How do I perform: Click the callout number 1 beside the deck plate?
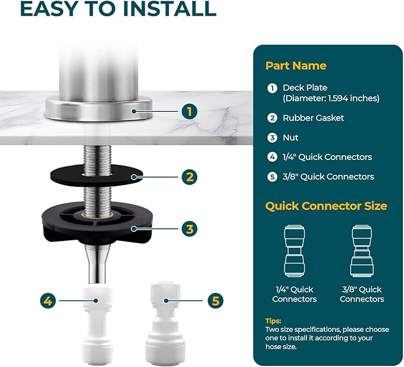[189, 111]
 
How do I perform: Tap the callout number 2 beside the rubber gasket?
[189, 177]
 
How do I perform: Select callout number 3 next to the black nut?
[189, 228]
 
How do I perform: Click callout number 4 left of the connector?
[48, 300]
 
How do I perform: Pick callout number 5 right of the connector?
[215, 300]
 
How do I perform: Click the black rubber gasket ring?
[96, 176]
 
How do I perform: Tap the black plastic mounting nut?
[97, 223]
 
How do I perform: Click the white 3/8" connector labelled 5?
[165, 323]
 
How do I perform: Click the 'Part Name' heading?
[296, 65]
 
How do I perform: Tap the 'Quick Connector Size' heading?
[326, 206]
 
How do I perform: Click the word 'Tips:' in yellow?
[273, 321]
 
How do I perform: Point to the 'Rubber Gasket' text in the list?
[314, 118]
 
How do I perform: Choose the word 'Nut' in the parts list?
[290, 137]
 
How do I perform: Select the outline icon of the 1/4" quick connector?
[295, 251]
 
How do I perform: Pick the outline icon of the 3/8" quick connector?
[362, 251]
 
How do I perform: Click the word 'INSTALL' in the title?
[170, 9]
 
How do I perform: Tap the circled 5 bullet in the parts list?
[272, 177]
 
